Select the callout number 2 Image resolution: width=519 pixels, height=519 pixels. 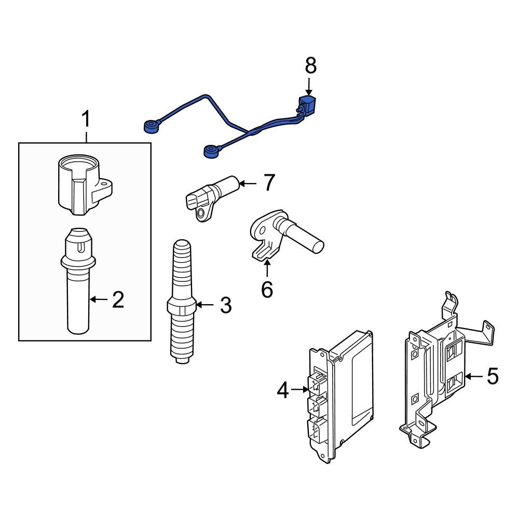tap(118, 300)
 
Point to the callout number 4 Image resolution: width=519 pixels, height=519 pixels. tap(282, 389)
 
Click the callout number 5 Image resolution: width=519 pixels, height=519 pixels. tap(491, 376)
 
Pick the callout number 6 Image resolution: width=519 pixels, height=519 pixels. tap(266, 290)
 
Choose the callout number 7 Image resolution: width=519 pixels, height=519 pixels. tap(268, 183)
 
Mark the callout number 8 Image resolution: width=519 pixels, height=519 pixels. tap(310, 66)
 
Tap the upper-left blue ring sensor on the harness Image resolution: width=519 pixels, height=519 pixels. tap(151, 126)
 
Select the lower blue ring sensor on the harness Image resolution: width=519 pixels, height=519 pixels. tap(210, 152)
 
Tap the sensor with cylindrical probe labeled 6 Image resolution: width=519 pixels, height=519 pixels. tap(288, 234)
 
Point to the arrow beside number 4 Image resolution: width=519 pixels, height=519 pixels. tap(299, 389)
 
